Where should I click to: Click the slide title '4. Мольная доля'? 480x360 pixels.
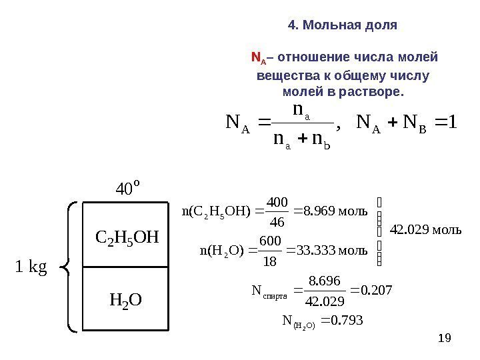(x=343, y=25)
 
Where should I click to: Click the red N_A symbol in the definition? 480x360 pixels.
(x=257, y=58)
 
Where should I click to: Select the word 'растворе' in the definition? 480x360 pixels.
(x=377, y=91)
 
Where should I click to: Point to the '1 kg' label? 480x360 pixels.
(x=31, y=267)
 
